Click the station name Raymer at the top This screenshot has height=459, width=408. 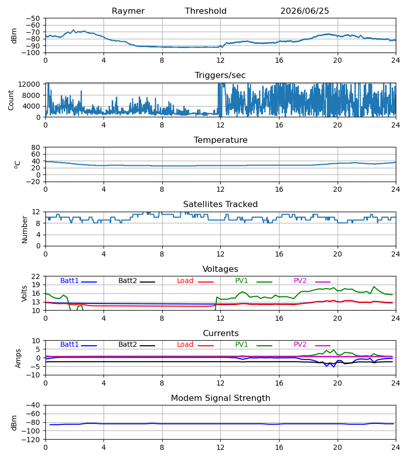click(128, 11)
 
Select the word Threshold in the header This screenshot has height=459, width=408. click(206, 11)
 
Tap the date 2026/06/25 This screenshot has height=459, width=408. click(304, 11)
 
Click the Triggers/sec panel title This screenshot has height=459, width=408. click(220, 75)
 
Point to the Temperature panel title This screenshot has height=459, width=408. click(220, 140)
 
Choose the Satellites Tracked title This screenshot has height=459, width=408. click(220, 205)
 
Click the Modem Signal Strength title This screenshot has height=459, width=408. click(220, 398)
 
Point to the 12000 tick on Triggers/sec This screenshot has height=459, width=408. click(29, 84)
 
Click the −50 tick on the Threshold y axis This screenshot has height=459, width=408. click(33, 18)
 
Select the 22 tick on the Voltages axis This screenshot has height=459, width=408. click(35, 276)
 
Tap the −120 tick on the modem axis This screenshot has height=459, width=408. click(31, 440)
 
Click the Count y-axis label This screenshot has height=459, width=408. click(11, 100)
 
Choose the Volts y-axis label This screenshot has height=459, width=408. click(24, 293)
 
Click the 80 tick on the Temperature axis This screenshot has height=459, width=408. click(35, 147)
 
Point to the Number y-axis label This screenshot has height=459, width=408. click(24, 229)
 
